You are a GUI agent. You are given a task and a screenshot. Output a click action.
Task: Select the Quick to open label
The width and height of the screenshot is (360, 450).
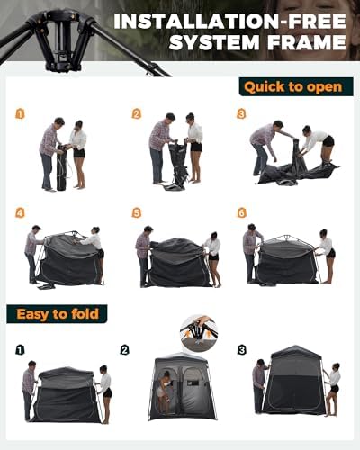(x=292, y=87)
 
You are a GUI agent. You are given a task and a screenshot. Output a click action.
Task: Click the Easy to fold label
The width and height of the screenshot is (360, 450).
(x=58, y=313)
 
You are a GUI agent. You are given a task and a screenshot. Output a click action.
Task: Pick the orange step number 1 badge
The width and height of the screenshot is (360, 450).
(x=20, y=114)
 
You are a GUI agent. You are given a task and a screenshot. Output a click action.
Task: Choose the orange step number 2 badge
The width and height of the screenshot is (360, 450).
(x=137, y=114)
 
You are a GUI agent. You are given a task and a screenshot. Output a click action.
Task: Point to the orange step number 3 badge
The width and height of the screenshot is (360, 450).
(x=242, y=114)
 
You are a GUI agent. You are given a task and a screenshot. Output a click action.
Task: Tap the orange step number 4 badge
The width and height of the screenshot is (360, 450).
(x=20, y=213)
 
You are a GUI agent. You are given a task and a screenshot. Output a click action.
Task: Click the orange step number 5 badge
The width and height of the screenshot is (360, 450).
(x=137, y=213)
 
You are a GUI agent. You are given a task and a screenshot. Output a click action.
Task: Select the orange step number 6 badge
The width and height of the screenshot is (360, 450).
(x=242, y=213)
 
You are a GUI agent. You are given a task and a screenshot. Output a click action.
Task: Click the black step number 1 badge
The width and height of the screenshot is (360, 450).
(x=20, y=349)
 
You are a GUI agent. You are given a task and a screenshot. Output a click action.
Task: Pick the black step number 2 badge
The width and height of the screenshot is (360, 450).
(x=125, y=349)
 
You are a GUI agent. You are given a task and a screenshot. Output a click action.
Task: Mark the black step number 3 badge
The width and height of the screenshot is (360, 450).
(x=242, y=349)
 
